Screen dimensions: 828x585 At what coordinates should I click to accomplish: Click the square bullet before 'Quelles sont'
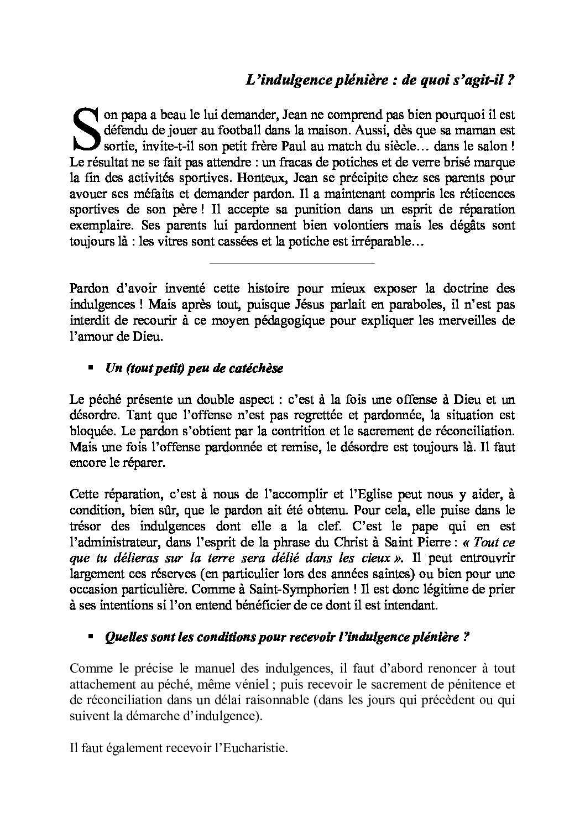[91, 637]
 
